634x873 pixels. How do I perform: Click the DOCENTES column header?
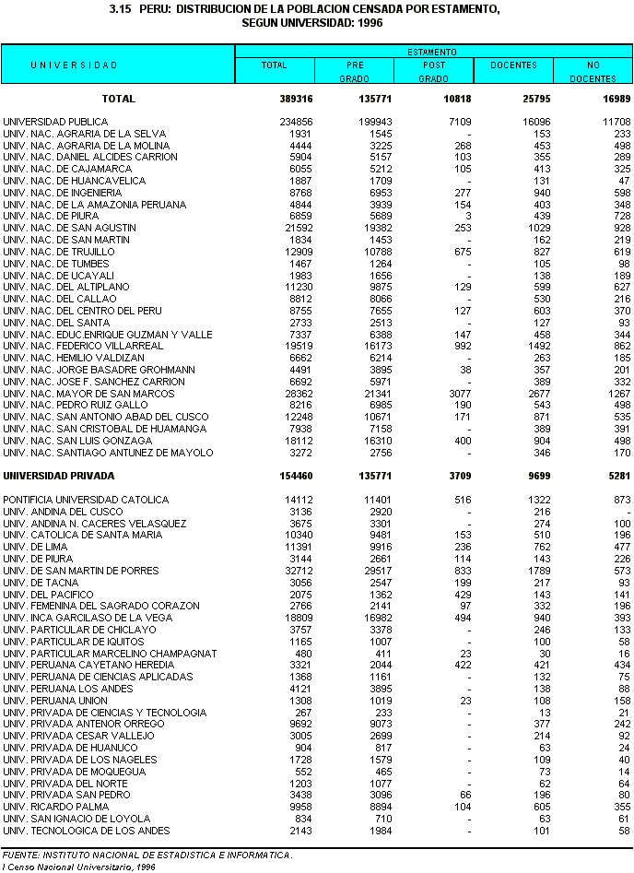click(513, 65)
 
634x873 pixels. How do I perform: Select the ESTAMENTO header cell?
click(433, 52)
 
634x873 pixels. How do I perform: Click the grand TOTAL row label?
click(119, 99)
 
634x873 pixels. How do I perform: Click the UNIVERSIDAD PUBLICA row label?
click(55, 122)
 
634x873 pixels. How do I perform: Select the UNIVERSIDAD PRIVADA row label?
click(59, 476)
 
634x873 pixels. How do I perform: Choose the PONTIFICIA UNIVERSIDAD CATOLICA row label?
click(86, 500)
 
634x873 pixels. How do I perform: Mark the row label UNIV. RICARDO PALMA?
click(51, 807)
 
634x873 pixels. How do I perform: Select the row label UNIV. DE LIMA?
click(37, 547)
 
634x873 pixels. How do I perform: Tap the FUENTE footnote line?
click(147, 855)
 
